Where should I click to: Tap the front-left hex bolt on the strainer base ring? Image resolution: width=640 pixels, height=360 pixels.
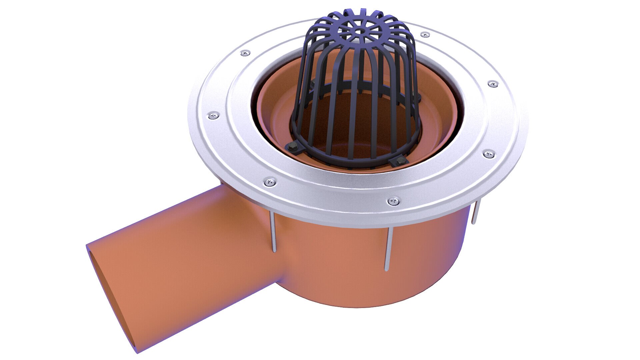(x=293, y=146)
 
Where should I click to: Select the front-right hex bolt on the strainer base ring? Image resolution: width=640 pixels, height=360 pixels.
(x=399, y=162)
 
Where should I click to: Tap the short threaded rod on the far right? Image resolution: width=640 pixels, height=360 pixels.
(x=475, y=212)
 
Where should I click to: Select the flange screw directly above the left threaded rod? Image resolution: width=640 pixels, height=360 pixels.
(x=270, y=182)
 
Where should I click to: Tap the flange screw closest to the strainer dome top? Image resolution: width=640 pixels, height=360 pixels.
(x=425, y=34)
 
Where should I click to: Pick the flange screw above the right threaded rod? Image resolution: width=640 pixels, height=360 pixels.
(x=488, y=154)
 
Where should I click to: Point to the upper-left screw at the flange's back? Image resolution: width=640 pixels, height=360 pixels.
(x=245, y=53)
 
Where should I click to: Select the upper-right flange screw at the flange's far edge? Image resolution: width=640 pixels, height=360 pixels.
(x=493, y=84)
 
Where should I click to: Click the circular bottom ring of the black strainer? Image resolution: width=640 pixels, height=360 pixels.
(x=353, y=163)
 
